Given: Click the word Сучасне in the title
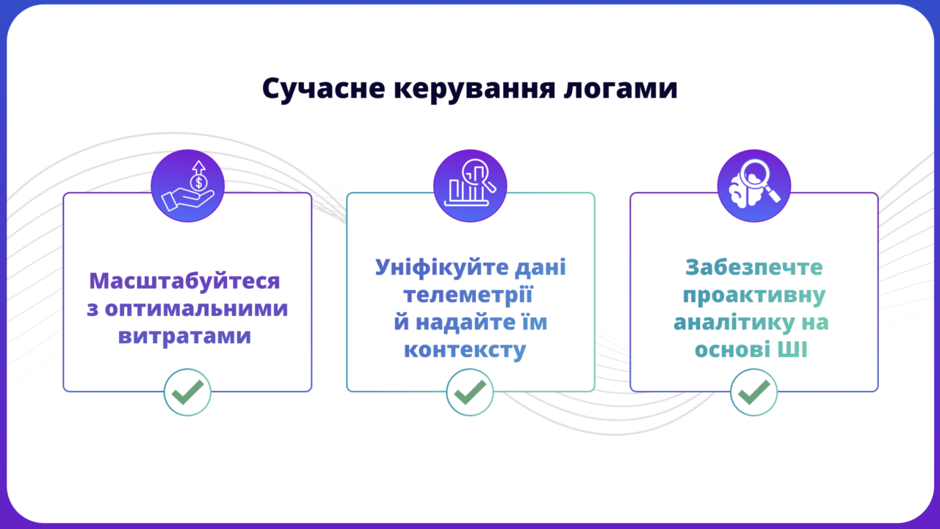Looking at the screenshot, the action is tap(324, 89).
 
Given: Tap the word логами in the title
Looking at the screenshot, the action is tap(621, 90).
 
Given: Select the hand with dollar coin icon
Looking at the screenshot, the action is tap(187, 186).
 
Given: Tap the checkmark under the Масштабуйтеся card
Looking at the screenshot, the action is tap(187, 392).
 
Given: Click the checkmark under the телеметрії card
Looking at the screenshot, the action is tap(470, 392).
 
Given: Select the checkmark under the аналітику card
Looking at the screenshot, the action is tap(753, 392).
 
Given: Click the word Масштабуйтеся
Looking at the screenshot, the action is tap(184, 281).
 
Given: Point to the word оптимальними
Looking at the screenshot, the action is tap(196, 309).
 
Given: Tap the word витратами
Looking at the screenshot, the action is tap(184, 336).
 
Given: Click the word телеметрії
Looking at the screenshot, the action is tap(469, 295).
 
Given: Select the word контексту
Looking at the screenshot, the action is tap(465, 350).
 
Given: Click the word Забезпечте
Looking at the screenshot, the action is tap(754, 267).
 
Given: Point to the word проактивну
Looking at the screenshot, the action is tap(754, 295).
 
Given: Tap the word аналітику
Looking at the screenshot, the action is tap(734, 323).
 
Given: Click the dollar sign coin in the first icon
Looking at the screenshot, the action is tap(198, 183).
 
